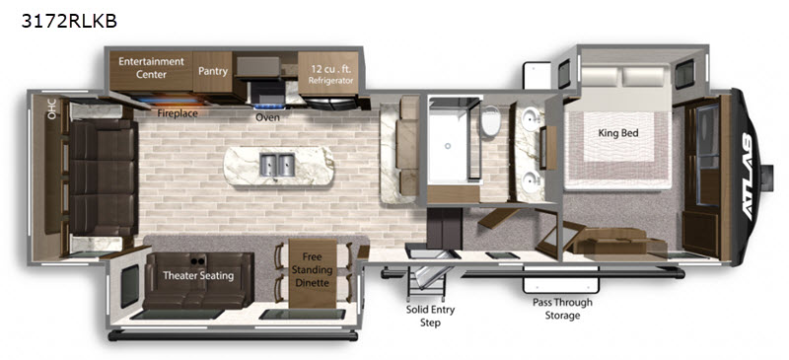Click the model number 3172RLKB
point(69,21)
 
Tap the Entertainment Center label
point(152,68)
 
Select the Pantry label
point(213,71)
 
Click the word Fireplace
point(178,113)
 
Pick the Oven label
point(267,117)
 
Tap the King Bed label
point(618,133)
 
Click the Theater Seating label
point(198,276)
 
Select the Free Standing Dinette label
point(312,270)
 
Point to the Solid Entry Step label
point(430,316)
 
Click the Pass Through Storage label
point(562,309)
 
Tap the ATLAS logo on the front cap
point(747,177)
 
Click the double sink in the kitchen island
point(277,165)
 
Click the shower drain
point(448,147)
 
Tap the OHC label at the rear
point(51,109)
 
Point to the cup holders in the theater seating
point(198,260)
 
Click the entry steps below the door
point(428,284)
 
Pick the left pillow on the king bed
point(600,76)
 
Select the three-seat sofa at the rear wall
point(104,178)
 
